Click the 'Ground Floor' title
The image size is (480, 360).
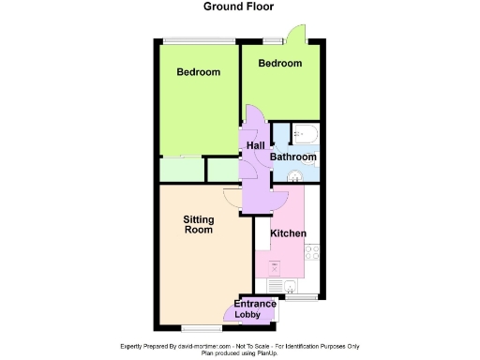pyautogui.click(x=239, y=6)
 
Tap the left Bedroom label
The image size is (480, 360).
pyautogui.click(x=199, y=72)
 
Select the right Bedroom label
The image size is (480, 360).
pyautogui.click(x=280, y=64)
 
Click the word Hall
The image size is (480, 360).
pyautogui.click(x=255, y=144)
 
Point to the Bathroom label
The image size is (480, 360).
pyautogui.click(x=293, y=157)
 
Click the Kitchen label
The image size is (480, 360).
pyautogui.click(x=288, y=232)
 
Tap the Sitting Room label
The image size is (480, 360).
pyautogui.click(x=198, y=225)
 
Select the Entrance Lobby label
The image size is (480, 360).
pyautogui.click(x=254, y=309)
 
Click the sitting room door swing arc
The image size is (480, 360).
pyautogui.click(x=231, y=198)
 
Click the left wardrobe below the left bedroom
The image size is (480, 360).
pyautogui.click(x=180, y=170)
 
